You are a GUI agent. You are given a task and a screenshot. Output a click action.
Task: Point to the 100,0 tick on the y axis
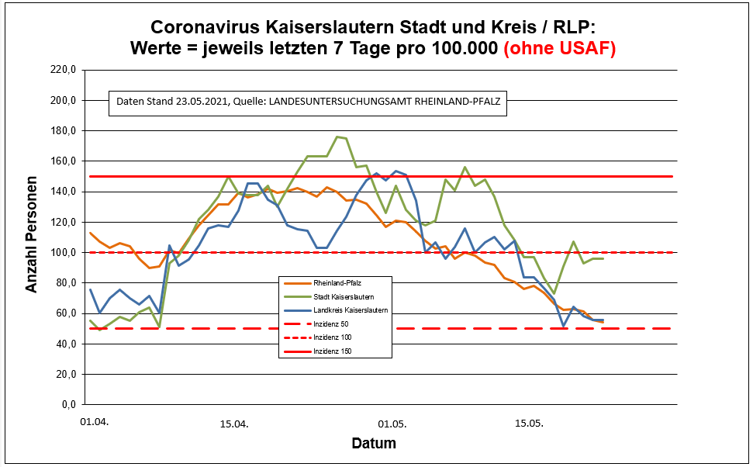click(63, 253)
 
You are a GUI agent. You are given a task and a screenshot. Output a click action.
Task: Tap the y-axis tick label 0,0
click(68, 405)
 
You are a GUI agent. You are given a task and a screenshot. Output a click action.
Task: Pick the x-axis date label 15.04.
click(234, 424)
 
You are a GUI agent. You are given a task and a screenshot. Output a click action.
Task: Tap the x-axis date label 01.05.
click(392, 424)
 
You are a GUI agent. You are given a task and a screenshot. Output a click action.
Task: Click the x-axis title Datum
click(374, 445)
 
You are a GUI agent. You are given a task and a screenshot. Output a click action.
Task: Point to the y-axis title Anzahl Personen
click(32, 237)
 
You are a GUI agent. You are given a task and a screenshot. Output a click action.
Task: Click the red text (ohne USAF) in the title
click(560, 49)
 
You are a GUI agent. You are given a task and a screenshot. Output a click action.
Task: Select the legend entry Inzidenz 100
click(333, 337)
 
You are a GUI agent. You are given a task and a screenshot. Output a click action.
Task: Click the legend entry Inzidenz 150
click(333, 351)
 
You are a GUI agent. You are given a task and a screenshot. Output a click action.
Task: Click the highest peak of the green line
click(337, 137)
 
